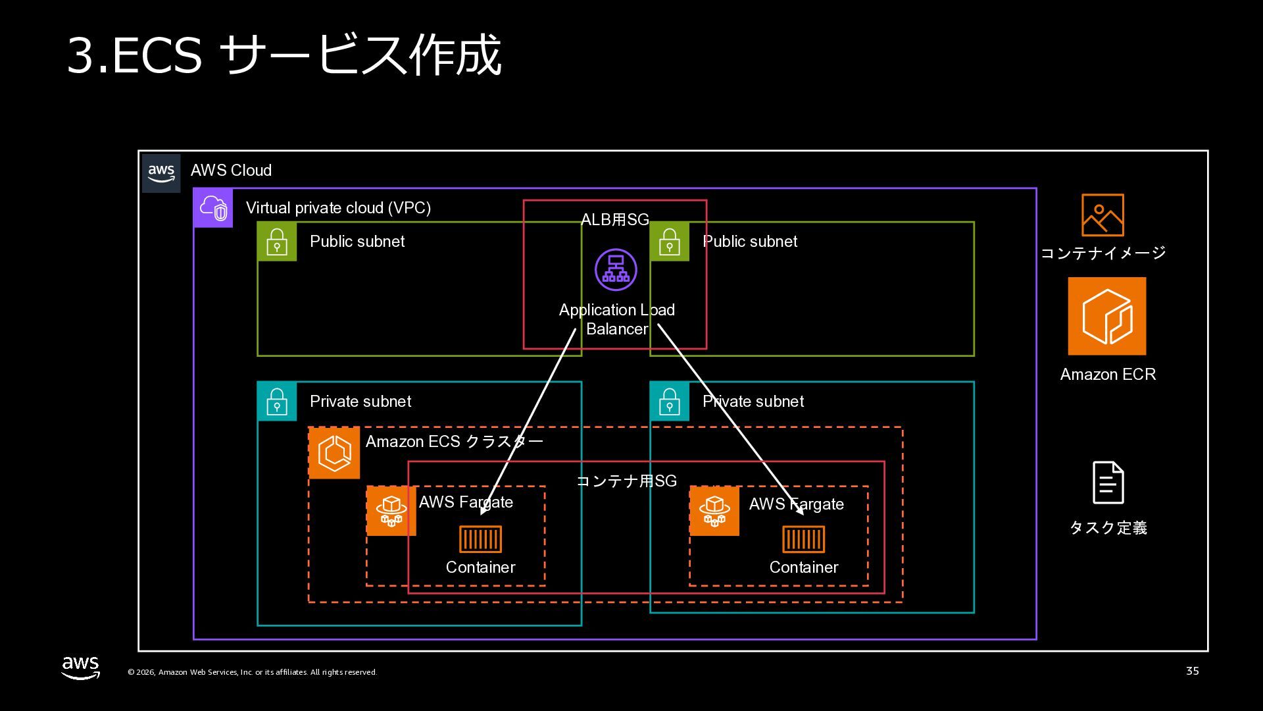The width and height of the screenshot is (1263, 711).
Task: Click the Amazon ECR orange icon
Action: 1106,316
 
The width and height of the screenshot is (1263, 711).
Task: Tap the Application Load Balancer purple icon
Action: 616,269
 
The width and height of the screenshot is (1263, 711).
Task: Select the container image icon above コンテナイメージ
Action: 1102,215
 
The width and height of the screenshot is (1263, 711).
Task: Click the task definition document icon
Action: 1108,483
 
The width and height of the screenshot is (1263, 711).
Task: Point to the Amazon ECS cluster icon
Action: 334,453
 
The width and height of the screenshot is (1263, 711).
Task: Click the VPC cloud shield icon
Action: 213,208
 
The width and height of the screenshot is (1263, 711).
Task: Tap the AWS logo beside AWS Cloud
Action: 161,173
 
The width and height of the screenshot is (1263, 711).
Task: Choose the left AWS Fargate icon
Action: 391,511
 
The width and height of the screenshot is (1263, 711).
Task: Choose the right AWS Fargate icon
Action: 714,511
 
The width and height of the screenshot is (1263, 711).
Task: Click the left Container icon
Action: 480,539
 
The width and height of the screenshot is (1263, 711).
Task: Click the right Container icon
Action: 803,539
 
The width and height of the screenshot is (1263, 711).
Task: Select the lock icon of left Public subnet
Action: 277,242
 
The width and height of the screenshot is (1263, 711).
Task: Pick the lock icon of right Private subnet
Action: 670,402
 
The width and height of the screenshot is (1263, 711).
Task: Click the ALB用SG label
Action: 615,220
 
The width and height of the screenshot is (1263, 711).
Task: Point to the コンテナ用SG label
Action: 626,481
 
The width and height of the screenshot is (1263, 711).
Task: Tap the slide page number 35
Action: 1192,671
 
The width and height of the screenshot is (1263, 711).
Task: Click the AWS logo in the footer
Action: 81,667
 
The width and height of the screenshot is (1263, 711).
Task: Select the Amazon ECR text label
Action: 1108,375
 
